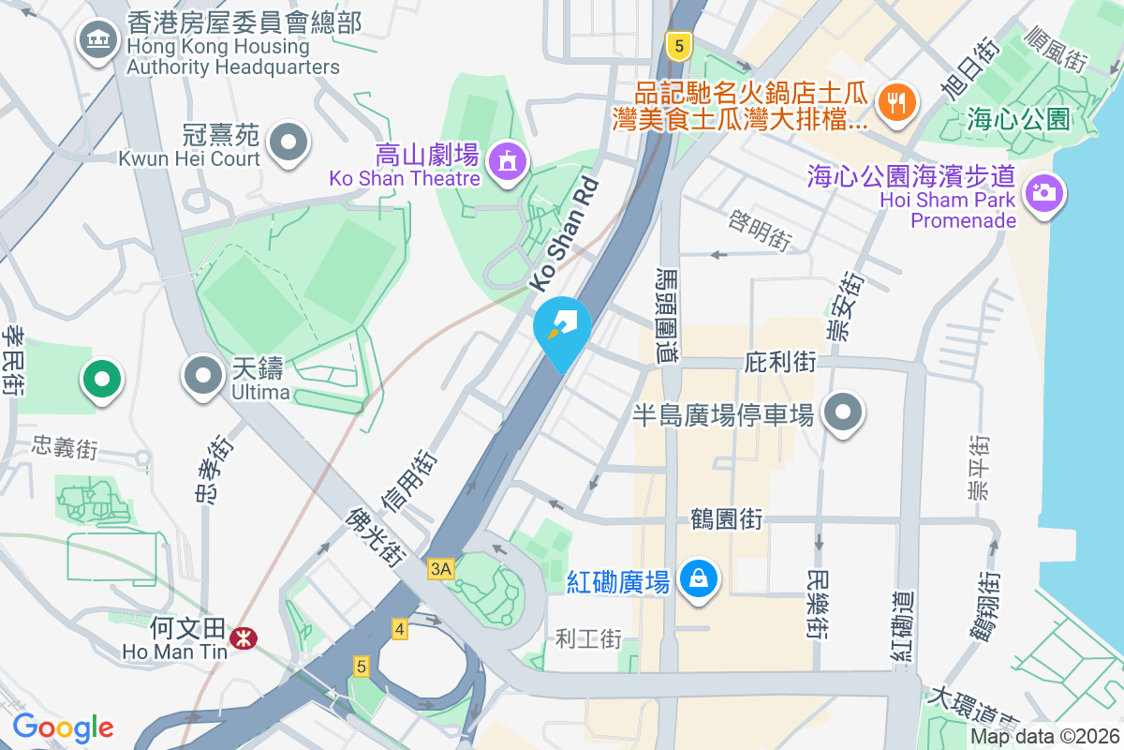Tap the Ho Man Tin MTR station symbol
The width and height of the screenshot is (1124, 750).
[x=244, y=638]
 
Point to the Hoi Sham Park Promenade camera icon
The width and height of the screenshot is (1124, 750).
[x=1042, y=193]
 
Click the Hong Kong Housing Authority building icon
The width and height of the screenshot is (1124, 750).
[x=97, y=40]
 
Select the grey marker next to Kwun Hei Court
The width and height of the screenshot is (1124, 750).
[x=288, y=143]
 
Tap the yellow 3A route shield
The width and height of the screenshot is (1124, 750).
[x=441, y=568]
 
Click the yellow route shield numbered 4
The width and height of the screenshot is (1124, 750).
[x=400, y=629]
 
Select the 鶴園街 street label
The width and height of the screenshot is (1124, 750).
[x=726, y=517]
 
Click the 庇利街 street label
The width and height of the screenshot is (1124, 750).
[x=780, y=362]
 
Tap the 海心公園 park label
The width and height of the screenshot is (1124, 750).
[x=1019, y=119]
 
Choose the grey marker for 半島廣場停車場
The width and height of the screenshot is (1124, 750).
[x=843, y=413]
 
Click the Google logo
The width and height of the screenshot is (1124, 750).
[x=64, y=727]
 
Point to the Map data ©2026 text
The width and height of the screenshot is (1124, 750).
[x=1043, y=737]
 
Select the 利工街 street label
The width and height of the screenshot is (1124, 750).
[x=588, y=639]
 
